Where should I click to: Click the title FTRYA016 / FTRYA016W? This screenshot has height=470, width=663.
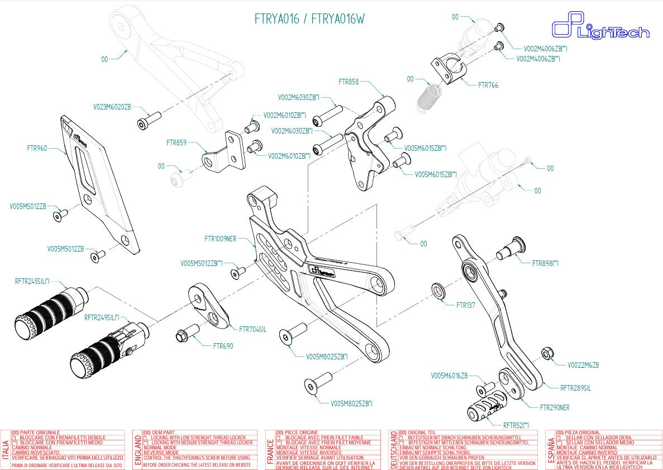[309, 19]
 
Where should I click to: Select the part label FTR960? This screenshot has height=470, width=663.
[37, 149]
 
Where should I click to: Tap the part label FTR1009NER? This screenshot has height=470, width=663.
[220, 239]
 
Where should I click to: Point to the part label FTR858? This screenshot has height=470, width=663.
[349, 82]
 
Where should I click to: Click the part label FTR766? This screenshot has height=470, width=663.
[488, 86]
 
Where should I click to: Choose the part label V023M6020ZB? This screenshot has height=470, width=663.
[112, 107]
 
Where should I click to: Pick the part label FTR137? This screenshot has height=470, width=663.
[465, 306]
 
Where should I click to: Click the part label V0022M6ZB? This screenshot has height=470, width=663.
[583, 365]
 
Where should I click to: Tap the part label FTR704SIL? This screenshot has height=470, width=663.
[252, 329]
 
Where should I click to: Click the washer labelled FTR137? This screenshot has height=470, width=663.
[437, 291]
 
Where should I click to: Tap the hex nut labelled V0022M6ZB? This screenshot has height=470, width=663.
[547, 353]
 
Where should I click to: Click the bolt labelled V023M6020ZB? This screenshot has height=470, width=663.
[149, 120]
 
